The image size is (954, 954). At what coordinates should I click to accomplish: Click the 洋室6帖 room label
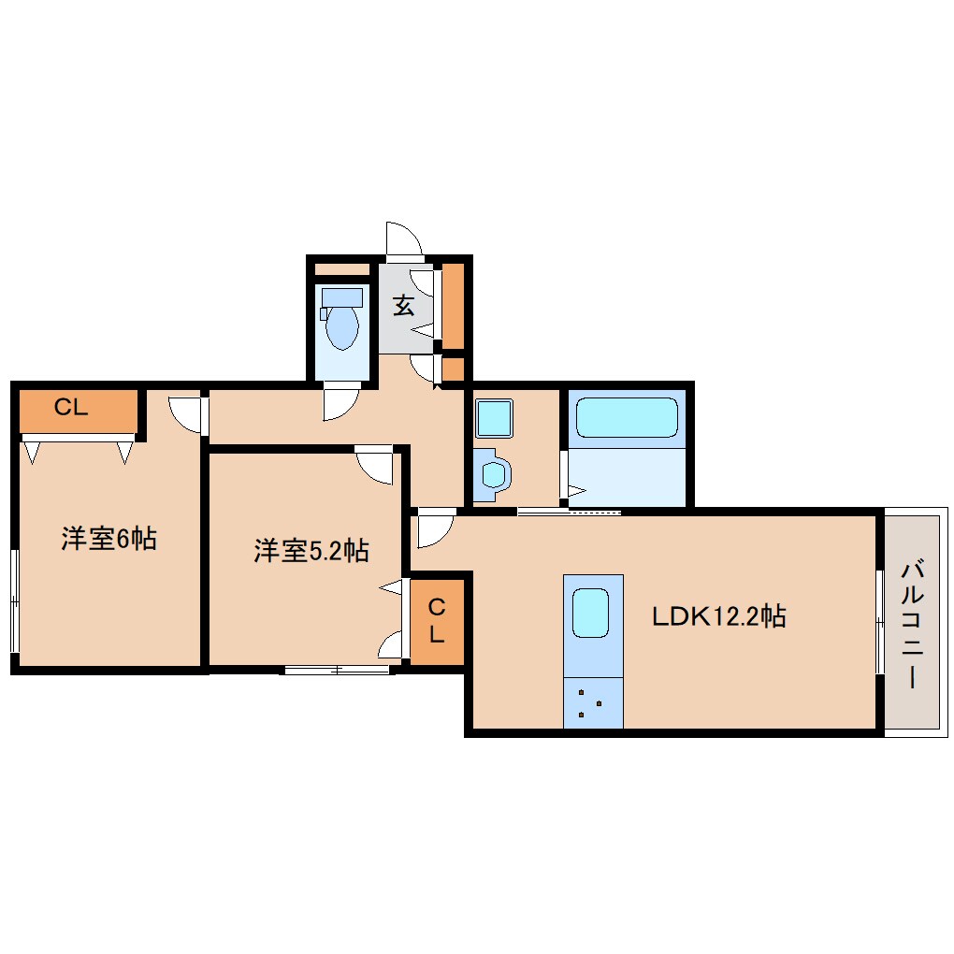[x=108, y=540]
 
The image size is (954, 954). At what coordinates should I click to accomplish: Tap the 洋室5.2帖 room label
[x=311, y=552]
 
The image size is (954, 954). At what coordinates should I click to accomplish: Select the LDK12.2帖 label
[x=718, y=617]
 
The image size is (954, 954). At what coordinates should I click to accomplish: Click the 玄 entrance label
[x=403, y=306]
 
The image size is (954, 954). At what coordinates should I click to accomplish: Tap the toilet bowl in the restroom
[x=341, y=328]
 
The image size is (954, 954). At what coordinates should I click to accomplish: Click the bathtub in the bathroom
[x=627, y=417]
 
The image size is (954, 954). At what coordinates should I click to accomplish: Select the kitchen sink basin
[x=591, y=614]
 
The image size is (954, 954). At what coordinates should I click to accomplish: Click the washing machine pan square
[x=494, y=417]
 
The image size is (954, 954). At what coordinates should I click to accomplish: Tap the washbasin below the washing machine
[x=492, y=473]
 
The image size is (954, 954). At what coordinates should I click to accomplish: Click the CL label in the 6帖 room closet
[x=70, y=408]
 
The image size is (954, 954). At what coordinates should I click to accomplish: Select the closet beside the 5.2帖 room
[x=437, y=620]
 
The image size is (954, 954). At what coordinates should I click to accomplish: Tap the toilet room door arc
[x=339, y=404]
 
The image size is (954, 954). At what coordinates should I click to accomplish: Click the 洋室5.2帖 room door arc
[x=376, y=466]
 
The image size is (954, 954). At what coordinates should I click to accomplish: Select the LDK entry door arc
[x=434, y=529]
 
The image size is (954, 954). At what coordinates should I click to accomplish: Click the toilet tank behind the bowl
[x=341, y=297]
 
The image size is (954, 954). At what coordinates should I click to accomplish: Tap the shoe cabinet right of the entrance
[x=454, y=306]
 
